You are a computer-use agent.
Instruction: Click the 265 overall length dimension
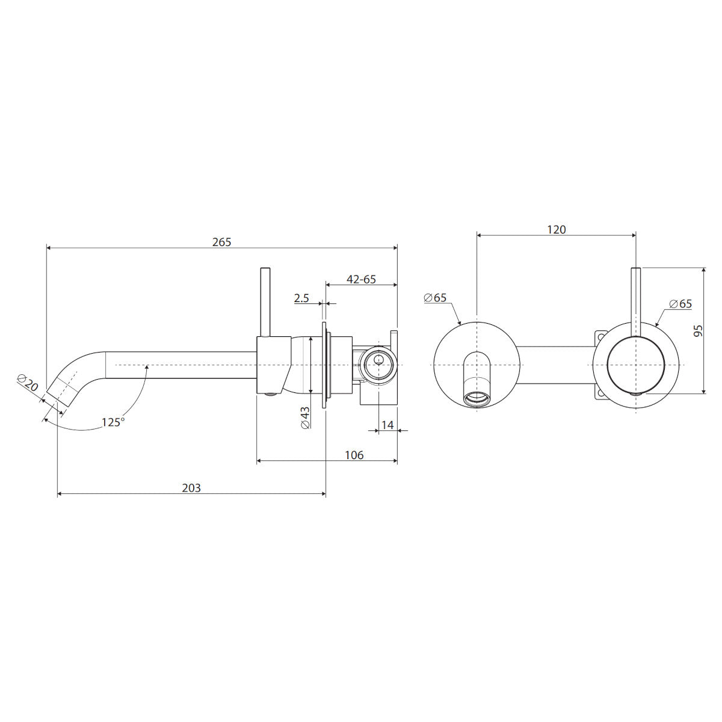(x=221, y=242)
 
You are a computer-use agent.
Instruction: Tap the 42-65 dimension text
(x=361, y=279)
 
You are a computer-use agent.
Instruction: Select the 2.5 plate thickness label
(x=301, y=298)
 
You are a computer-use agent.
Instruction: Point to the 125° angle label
(x=113, y=422)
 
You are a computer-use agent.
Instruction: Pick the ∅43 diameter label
(x=306, y=418)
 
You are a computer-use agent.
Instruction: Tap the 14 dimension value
(x=387, y=425)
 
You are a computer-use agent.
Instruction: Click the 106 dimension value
(x=354, y=455)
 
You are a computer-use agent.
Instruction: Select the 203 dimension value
(x=191, y=488)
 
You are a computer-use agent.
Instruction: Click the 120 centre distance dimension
(x=556, y=229)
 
